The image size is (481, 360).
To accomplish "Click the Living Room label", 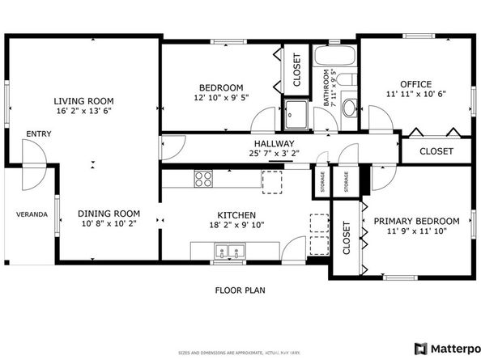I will click(x=84, y=101).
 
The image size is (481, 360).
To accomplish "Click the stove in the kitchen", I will click(x=202, y=179).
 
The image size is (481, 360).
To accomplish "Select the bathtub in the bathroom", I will click(x=334, y=58).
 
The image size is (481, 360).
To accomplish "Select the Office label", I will click(x=415, y=83).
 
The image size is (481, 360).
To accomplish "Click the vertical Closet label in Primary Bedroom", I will click(x=346, y=239).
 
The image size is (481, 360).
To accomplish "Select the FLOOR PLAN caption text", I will click(x=240, y=290).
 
